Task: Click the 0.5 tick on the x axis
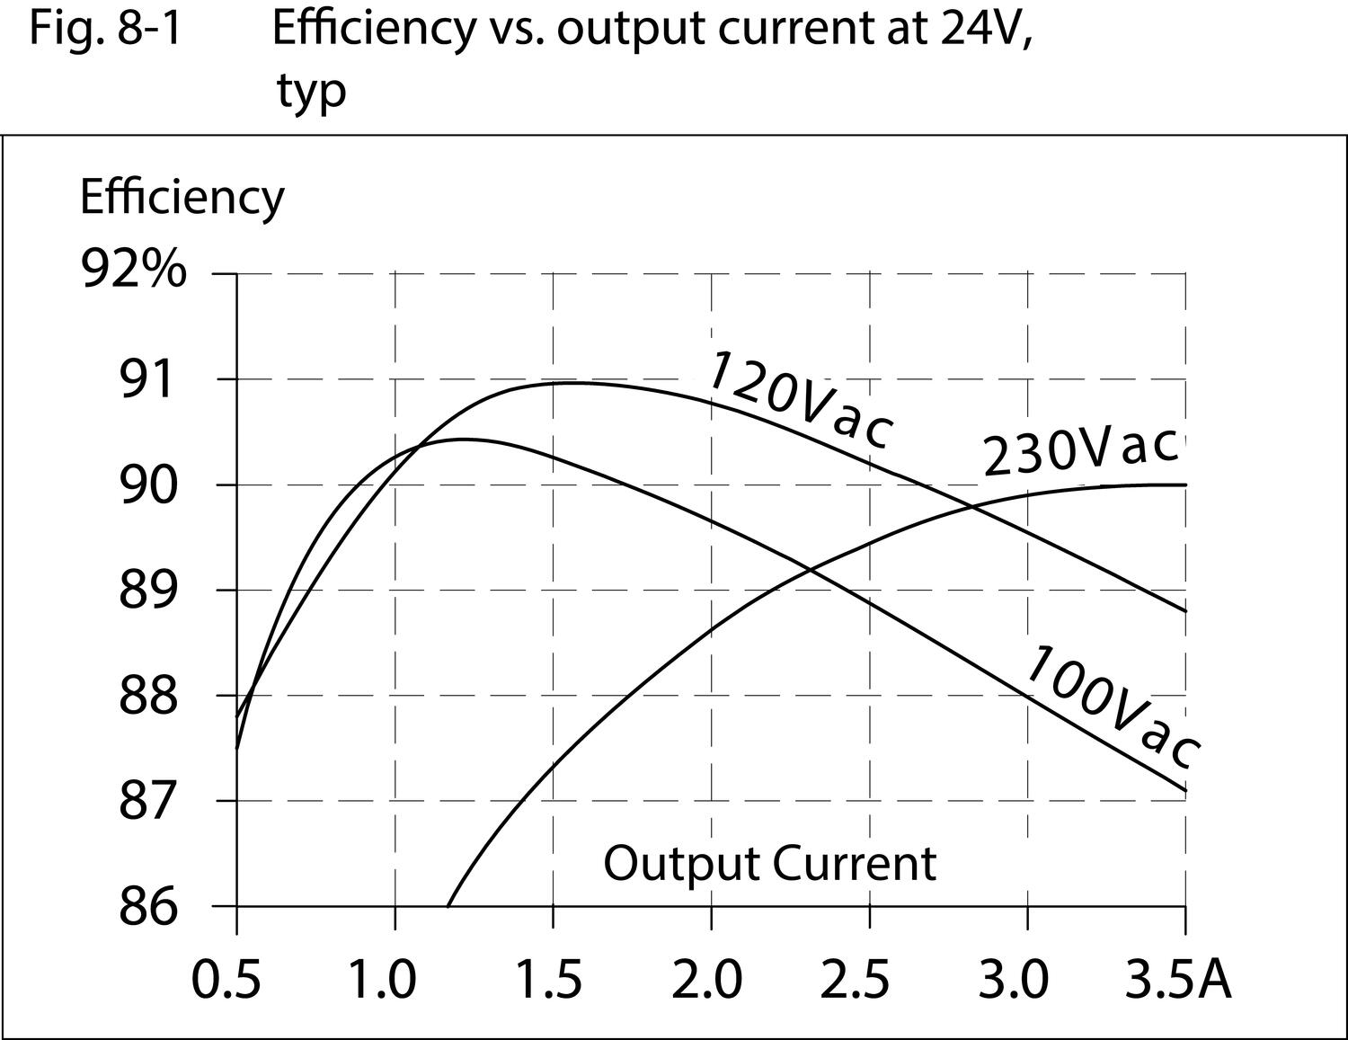[x=226, y=979]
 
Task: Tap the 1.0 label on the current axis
[x=384, y=979]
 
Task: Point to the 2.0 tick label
[x=707, y=979]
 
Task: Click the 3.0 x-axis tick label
[x=1013, y=979]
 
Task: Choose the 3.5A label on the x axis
[x=1178, y=979]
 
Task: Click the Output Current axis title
[x=769, y=863]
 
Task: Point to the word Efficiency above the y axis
[x=182, y=197]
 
